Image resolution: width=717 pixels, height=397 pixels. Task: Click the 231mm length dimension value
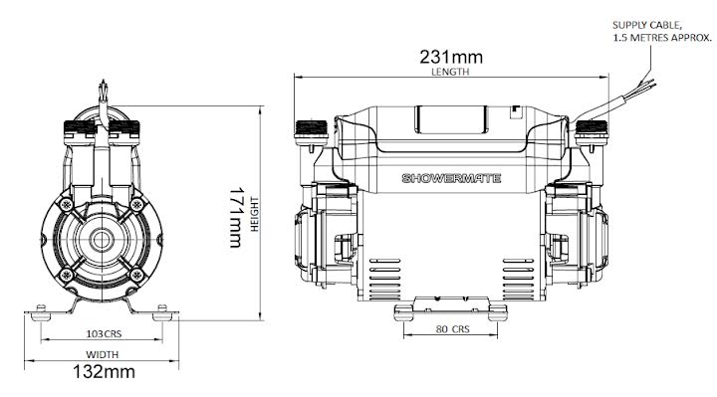451,57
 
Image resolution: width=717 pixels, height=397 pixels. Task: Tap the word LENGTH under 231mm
450,72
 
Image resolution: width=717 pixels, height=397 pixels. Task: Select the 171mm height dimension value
235,217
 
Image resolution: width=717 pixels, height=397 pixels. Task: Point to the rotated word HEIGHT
255,214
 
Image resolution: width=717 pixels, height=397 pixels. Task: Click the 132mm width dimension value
104,371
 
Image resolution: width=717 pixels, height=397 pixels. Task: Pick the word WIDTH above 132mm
102,354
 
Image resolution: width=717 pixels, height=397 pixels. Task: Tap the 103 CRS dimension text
105,334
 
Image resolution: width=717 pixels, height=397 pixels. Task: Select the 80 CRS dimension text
452,329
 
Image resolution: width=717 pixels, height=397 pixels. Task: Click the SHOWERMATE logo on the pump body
451,178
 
